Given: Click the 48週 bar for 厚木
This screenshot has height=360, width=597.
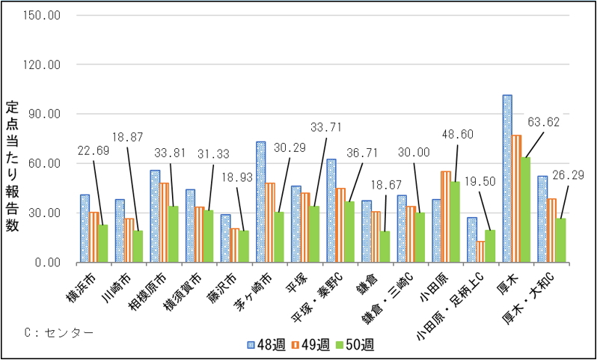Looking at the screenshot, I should click(507, 179).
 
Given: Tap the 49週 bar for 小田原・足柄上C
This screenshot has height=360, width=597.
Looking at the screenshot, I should click(480, 251).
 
